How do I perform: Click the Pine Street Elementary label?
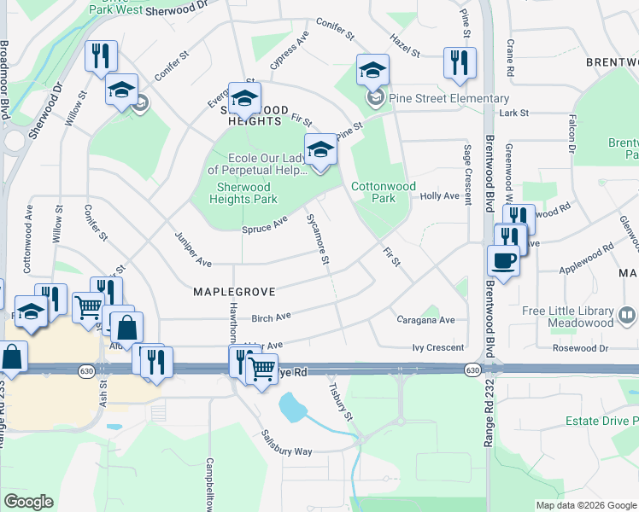tap(448, 99)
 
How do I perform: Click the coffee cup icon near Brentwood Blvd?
tap(503, 262)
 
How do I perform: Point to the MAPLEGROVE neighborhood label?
tap(234, 292)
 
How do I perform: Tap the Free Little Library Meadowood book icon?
tap(627, 317)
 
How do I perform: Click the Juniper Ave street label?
tap(192, 247)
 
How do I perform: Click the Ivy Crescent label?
tap(438, 347)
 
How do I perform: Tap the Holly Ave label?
tap(440, 196)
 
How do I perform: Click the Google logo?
tap(28, 502)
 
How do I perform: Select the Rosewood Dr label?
tap(580, 348)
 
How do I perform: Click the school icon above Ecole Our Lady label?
tap(320, 149)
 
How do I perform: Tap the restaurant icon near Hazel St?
tap(460, 63)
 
